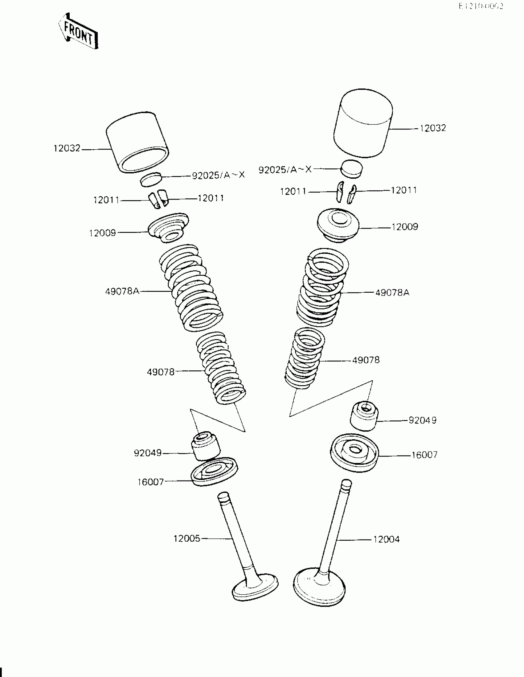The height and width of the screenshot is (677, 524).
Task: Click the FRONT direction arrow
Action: coord(78,31)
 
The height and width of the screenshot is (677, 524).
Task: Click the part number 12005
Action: coord(187,539)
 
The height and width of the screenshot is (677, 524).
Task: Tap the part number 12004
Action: coord(386,539)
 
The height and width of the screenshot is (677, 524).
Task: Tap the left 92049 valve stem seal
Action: coord(205,446)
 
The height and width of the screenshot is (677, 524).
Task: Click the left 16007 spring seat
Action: coord(214,471)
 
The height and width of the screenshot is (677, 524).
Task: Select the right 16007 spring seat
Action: coord(354,452)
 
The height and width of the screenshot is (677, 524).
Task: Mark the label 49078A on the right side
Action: coord(392,292)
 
